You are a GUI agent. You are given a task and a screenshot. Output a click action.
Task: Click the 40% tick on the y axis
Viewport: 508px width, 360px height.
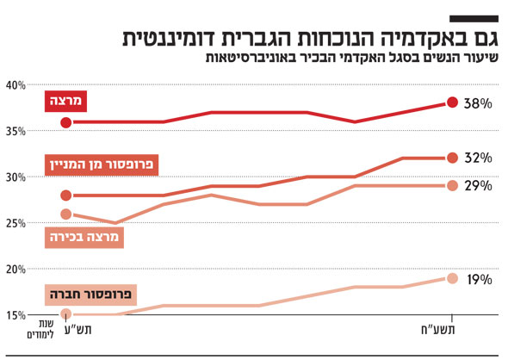[x=15, y=85]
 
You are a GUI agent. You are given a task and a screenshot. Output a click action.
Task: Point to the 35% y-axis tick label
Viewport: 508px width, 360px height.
[x=15, y=131]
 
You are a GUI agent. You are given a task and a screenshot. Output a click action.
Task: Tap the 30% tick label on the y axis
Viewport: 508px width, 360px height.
[x=15, y=177]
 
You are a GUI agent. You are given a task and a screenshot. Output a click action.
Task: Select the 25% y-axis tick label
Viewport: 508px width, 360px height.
[x=15, y=223]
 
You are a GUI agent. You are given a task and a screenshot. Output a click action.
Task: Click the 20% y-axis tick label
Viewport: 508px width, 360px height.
[x=15, y=269]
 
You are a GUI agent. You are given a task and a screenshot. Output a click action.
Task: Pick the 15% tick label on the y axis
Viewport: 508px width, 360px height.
[x=15, y=315]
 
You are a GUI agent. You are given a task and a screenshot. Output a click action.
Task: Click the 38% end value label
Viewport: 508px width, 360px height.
[x=477, y=103]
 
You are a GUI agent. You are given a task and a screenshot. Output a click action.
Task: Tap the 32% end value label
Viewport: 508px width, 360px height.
[x=477, y=158]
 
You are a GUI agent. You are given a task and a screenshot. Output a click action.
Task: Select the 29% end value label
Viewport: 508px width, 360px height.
[x=477, y=186]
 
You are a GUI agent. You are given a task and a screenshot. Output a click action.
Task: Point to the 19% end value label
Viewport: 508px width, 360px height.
[x=477, y=280]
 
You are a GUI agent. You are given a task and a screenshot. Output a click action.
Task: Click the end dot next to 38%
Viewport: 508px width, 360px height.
[x=452, y=103]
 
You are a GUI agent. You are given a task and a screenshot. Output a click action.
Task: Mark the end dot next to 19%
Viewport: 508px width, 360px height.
[x=452, y=278]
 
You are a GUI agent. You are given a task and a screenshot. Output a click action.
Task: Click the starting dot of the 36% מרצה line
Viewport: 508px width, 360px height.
[x=67, y=122]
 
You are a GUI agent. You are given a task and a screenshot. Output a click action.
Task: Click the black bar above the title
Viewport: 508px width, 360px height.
[x=474, y=18]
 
